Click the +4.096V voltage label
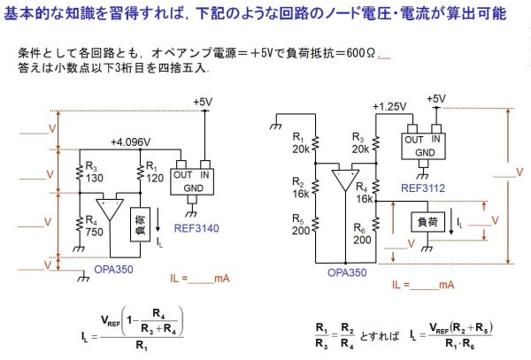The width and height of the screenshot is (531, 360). (131, 142)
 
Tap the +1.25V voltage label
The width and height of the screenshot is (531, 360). (389, 107)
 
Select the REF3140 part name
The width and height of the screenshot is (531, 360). (196, 227)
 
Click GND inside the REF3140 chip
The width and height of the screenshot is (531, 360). (193, 187)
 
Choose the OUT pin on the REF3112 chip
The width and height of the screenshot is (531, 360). (412, 139)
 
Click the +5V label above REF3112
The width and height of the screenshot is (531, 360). (435, 99)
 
